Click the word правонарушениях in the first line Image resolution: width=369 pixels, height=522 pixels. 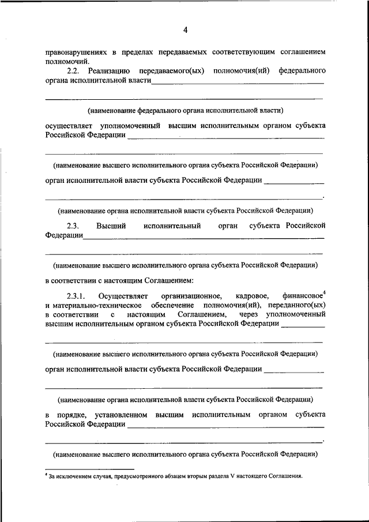tap(74, 52)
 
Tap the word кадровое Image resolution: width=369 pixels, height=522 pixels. tap(252, 296)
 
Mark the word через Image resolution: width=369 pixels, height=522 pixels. tap(248, 314)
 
